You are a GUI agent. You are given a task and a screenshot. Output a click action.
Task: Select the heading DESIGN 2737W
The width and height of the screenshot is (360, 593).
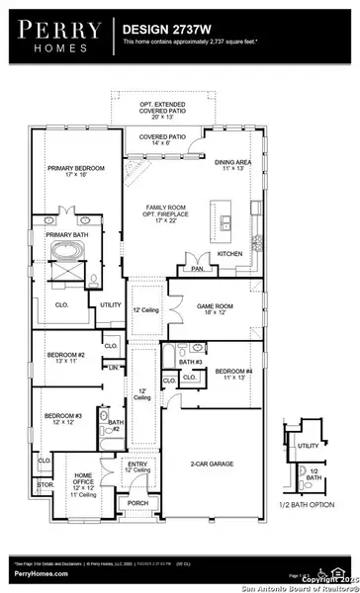162,32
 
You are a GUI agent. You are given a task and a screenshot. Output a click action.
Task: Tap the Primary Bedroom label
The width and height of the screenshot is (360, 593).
68,172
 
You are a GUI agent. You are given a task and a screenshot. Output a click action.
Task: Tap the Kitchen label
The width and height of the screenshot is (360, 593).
230,254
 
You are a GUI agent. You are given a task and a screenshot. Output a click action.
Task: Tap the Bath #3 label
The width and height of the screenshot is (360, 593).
191,363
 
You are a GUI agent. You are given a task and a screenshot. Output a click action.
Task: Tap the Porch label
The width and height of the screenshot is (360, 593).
137,503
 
